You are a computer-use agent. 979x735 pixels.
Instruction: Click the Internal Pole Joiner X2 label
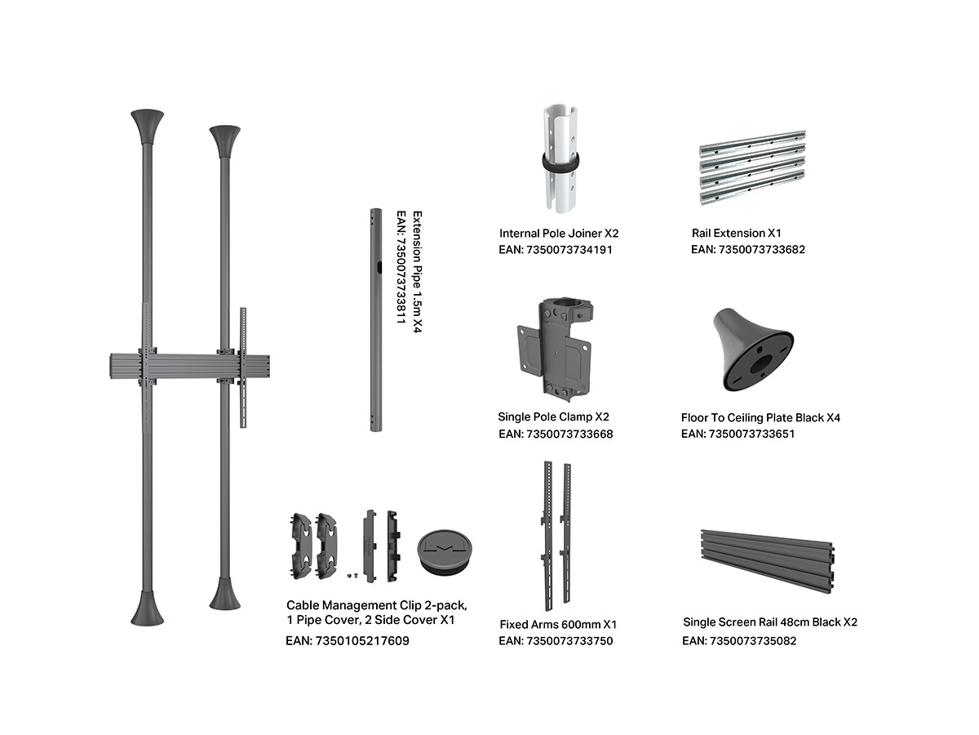coord(558,234)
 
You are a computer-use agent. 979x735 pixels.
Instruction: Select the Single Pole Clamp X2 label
coord(553,416)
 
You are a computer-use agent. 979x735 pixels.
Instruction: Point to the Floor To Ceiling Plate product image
coord(753,350)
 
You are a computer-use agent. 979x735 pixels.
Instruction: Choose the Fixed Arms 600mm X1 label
coord(558,624)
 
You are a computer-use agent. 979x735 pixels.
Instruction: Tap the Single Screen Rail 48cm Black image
coord(767,561)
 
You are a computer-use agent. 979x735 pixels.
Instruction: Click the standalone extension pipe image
coord(376,320)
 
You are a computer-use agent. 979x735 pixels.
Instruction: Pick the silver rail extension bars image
coord(752,167)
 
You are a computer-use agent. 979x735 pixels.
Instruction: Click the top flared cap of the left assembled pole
coord(147,127)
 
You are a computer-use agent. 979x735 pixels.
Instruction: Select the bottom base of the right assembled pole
coord(225,594)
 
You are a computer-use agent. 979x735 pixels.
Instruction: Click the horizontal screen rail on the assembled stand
coord(189,367)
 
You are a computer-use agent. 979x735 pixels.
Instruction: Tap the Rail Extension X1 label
coord(737,233)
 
